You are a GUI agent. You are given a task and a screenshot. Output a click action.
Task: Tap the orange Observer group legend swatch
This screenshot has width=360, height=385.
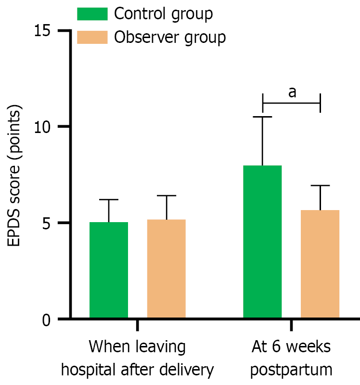[x=92, y=37]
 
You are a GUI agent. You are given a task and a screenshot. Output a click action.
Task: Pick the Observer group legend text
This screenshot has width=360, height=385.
[x=170, y=37]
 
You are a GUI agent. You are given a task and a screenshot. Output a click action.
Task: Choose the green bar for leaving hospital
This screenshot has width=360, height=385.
[x=109, y=270]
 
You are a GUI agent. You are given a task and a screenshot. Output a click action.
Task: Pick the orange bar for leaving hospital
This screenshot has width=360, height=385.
[x=167, y=269]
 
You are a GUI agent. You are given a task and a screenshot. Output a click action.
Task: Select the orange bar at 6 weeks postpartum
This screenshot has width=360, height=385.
[x=320, y=264]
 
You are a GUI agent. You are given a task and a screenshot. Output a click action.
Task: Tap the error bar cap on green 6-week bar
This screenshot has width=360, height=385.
[x=262, y=117]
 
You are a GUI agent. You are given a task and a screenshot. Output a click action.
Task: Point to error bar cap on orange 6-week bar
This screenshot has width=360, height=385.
[x=320, y=186]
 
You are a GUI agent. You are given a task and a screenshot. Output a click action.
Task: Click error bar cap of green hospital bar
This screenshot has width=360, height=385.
[x=109, y=199]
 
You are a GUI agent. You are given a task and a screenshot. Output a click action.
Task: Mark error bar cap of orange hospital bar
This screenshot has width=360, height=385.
[x=167, y=196]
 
